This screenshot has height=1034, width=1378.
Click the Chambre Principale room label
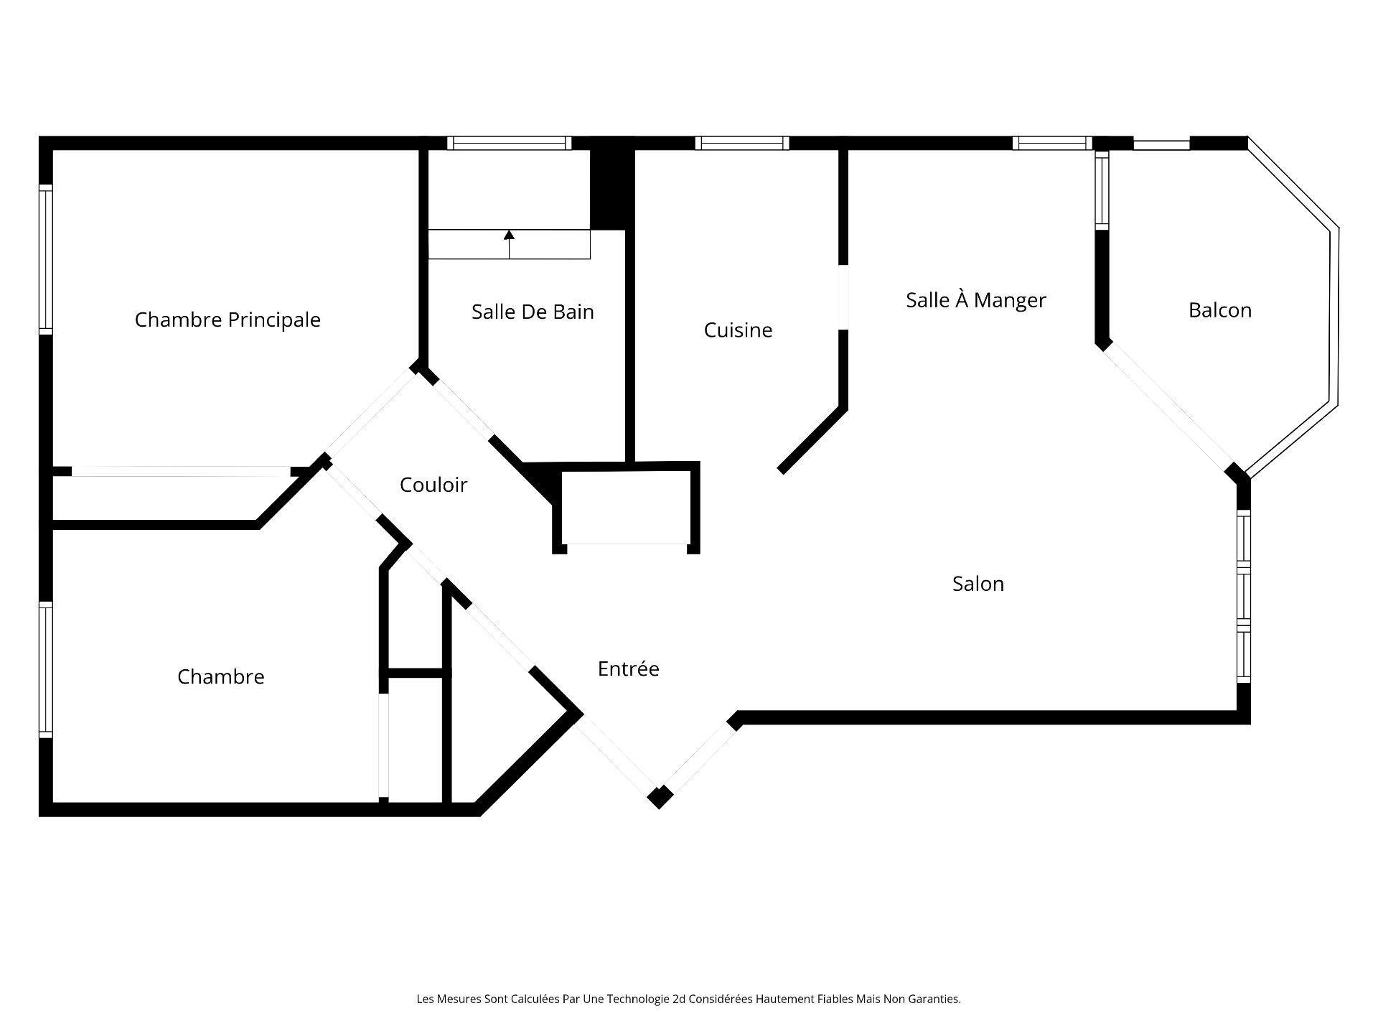point(228,320)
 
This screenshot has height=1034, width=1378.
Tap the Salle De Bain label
point(533,312)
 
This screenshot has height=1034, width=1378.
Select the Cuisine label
point(738,330)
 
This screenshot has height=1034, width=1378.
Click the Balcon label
point(1220,310)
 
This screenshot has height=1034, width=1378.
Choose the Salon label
point(978,584)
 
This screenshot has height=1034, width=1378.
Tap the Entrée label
point(629,669)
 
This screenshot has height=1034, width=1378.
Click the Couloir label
point(433,485)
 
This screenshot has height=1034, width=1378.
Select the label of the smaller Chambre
point(221,676)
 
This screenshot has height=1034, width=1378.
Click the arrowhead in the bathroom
point(509,235)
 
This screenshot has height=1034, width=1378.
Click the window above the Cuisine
point(742,143)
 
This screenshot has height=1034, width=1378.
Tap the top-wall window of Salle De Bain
point(510,143)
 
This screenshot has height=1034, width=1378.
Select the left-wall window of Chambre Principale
point(46,259)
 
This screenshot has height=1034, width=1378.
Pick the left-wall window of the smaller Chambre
point(46,670)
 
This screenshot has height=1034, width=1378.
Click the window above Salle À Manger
point(1052,143)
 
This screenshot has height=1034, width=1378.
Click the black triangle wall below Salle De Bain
point(542,481)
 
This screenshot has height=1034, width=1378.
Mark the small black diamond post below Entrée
point(660,797)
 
